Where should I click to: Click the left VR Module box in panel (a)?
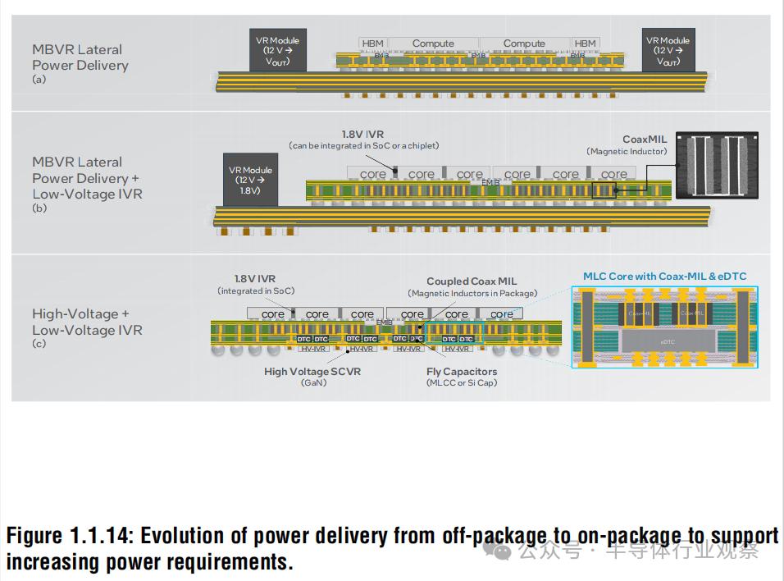[278, 51]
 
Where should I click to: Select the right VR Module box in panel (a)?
[668, 51]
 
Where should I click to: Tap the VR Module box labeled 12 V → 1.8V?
[251, 181]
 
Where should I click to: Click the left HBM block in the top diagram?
[372, 43]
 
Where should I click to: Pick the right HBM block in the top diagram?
[585, 43]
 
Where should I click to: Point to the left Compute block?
[433, 43]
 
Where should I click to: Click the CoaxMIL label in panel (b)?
[645, 140]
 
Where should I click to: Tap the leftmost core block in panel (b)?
[372, 174]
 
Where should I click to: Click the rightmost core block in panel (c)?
[501, 314]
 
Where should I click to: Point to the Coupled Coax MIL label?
[472, 281]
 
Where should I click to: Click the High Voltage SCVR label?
[312, 372]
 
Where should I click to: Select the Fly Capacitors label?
[462, 372]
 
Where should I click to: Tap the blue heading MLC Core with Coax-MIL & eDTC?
[664, 277]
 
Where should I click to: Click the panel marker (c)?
[39, 343]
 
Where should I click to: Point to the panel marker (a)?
[39, 80]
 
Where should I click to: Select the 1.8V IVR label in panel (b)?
[362, 133]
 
